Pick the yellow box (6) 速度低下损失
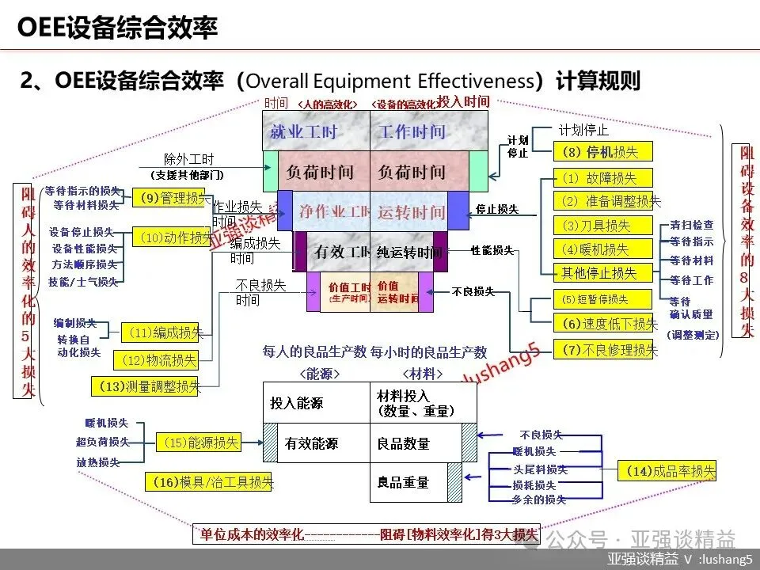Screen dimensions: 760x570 606,322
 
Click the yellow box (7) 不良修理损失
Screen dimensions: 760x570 606,348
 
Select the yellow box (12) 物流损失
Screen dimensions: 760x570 156,360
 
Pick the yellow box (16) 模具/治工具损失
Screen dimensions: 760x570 209,481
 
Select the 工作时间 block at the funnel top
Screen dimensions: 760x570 411,132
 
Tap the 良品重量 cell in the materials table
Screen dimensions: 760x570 404,482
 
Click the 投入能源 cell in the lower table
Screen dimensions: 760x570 296,403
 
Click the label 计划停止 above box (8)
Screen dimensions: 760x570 583,129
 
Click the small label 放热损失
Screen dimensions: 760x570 98,462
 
